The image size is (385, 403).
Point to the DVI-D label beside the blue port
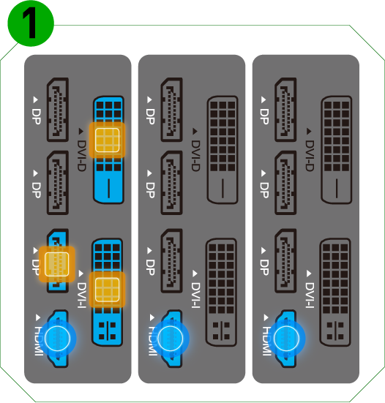click(x=81, y=151)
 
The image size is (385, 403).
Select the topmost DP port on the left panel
click(x=57, y=108)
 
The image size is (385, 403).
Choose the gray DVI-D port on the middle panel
click(x=222, y=149)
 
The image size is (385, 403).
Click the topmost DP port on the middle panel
click(x=171, y=108)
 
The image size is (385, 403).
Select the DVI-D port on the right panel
click(x=336, y=149)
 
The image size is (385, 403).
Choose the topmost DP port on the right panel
click(x=285, y=108)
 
